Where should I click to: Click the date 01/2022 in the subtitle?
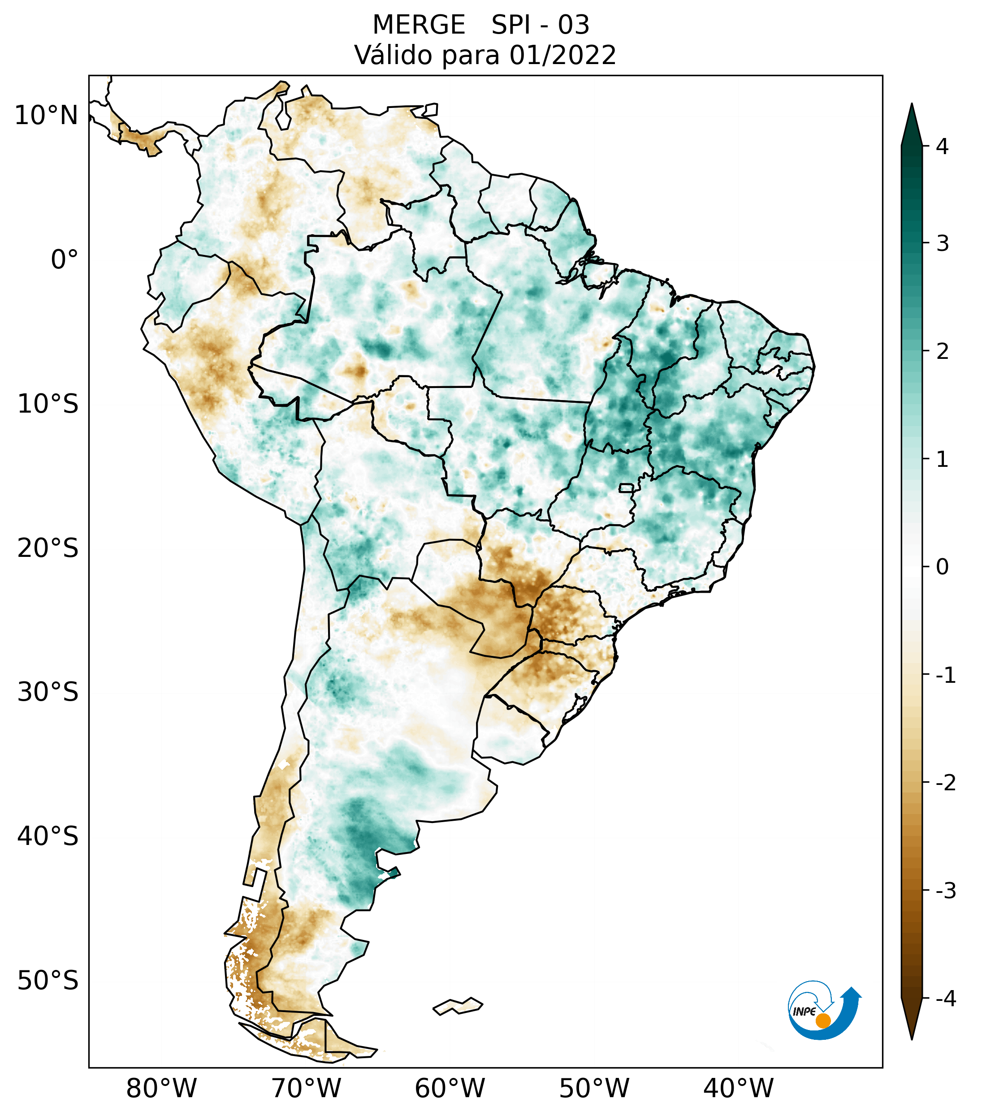tap(562, 55)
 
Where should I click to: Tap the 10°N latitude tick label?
tap(47, 116)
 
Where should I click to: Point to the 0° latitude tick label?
tap(65, 260)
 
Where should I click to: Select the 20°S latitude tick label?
tap(48, 548)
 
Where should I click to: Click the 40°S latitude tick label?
tap(48, 836)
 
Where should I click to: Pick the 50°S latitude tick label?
tap(48, 981)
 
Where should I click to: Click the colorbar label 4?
tap(942, 147)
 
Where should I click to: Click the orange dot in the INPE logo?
tap(822, 1021)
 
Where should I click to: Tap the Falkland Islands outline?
tap(458, 1006)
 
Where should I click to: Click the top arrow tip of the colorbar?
tap(912, 105)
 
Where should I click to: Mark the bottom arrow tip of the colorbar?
tap(912, 1038)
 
